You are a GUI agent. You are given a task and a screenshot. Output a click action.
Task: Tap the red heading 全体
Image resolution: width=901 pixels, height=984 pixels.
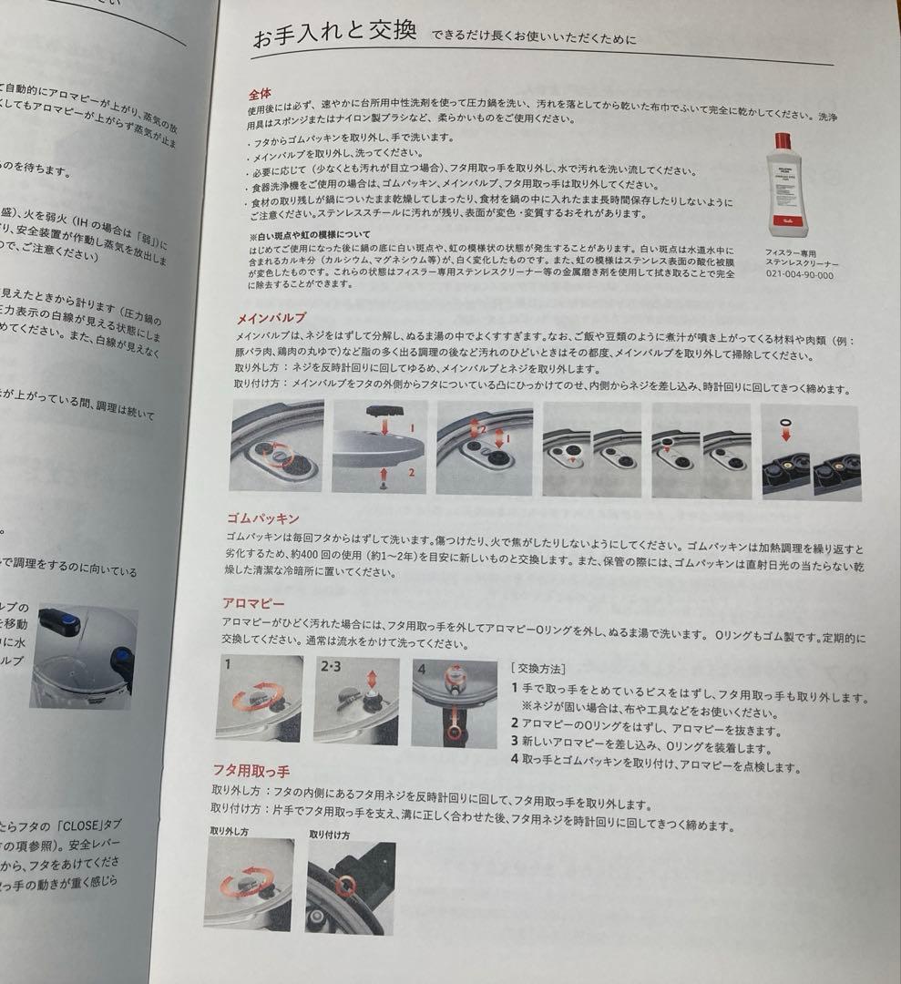pos(260,94)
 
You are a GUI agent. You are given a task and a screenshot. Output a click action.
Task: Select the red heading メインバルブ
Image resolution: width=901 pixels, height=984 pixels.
pos(271,318)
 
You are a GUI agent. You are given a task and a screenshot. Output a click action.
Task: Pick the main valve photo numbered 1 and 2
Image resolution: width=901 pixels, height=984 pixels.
pos(379,447)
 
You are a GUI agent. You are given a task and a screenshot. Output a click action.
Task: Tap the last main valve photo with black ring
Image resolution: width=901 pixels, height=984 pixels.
pos(810,452)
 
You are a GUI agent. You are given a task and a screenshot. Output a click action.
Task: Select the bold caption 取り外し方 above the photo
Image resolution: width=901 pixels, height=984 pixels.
pos(230,832)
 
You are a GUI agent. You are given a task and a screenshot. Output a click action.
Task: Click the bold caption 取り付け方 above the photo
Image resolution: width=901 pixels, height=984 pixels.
pos(330,834)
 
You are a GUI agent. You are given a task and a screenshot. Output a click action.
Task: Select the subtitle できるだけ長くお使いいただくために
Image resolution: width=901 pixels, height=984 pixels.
pos(535,39)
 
